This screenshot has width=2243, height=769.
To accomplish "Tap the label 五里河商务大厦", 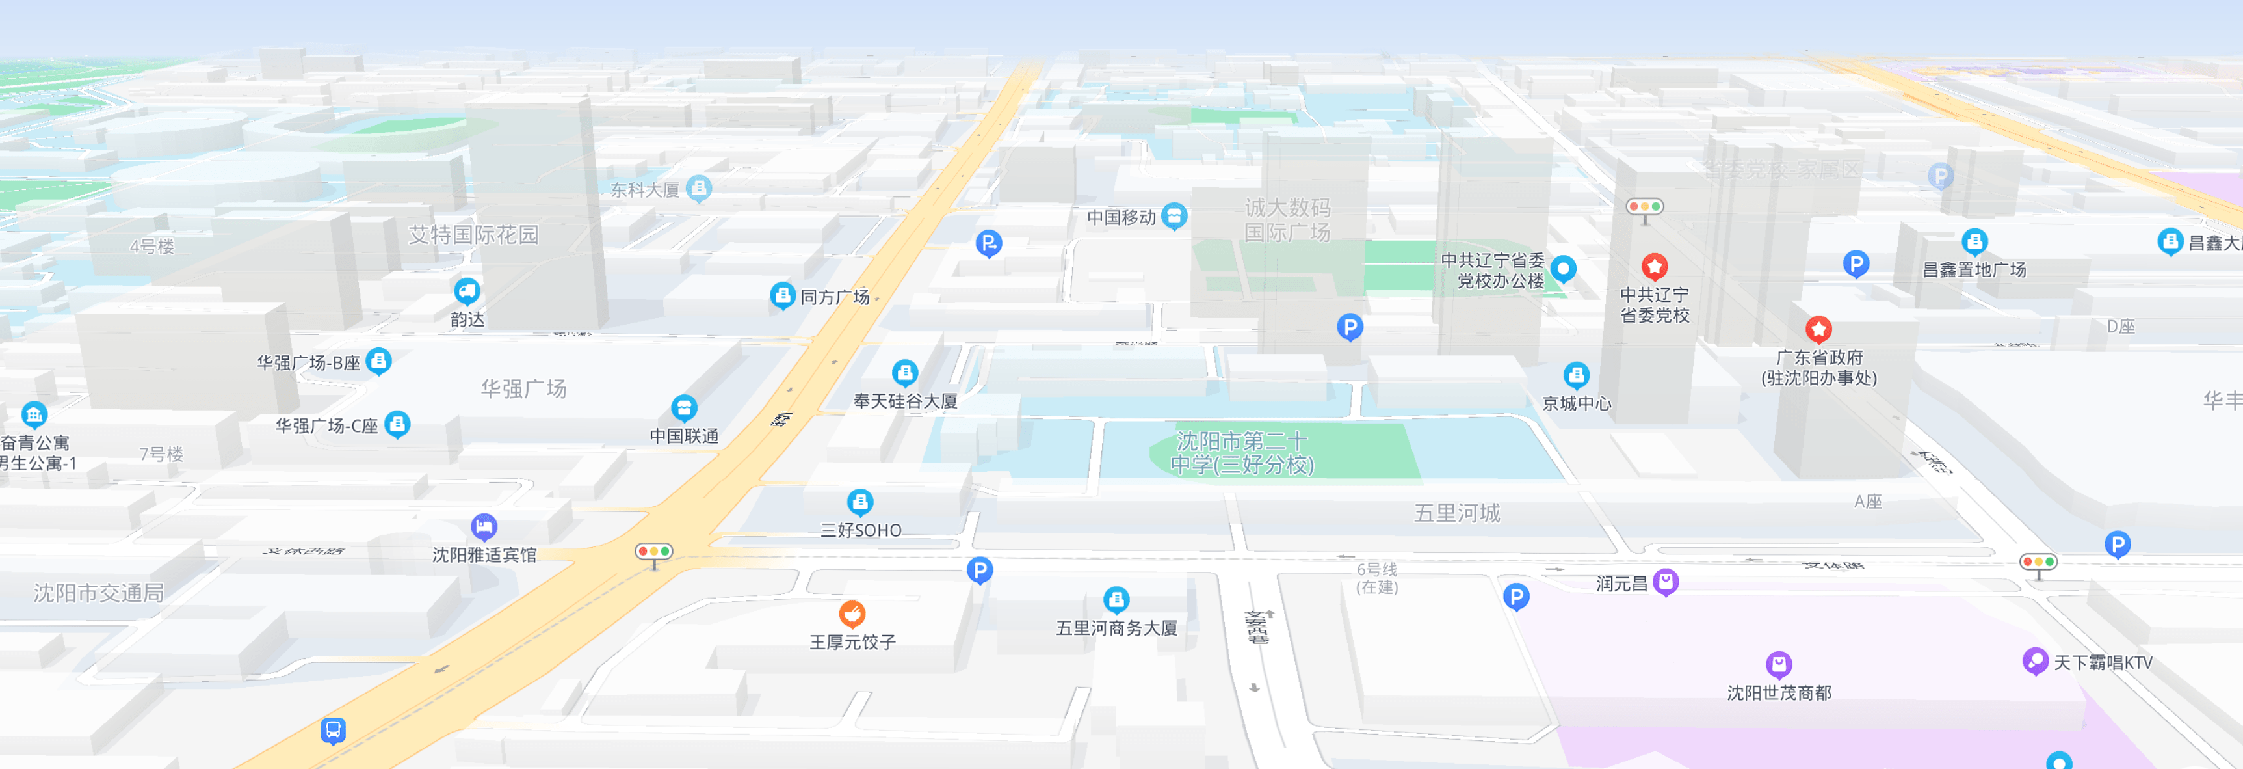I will pyautogui.click(x=1116, y=628).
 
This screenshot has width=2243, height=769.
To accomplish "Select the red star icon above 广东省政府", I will pyautogui.click(x=1818, y=329).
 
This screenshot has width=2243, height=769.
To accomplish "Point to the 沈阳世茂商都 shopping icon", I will pyautogui.click(x=1778, y=664).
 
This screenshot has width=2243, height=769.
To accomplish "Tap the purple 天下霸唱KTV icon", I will pyautogui.click(x=2035, y=661).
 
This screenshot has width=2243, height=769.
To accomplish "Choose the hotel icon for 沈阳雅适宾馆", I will pyautogui.click(x=484, y=526).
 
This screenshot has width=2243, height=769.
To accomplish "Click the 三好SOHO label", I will pyautogui.click(x=860, y=530).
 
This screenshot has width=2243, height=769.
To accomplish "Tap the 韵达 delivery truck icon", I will pyautogui.click(x=467, y=290).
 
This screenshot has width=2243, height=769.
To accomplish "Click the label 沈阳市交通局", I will pyautogui.click(x=98, y=593).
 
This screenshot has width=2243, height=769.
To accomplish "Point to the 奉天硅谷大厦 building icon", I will pyautogui.click(x=905, y=373).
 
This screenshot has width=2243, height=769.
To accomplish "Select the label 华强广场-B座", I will pyautogui.click(x=308, y=362).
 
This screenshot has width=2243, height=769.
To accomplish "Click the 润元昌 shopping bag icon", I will pyautogui.click(x=1666, y=581).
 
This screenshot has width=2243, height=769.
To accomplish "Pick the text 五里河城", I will pyautogui.click(x=1457, y=513).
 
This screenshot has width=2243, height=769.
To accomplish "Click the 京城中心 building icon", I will pyautogui.click(x=1576, y=375).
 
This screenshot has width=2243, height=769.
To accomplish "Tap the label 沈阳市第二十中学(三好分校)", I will pyautogui.click(x=1242, y=453).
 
